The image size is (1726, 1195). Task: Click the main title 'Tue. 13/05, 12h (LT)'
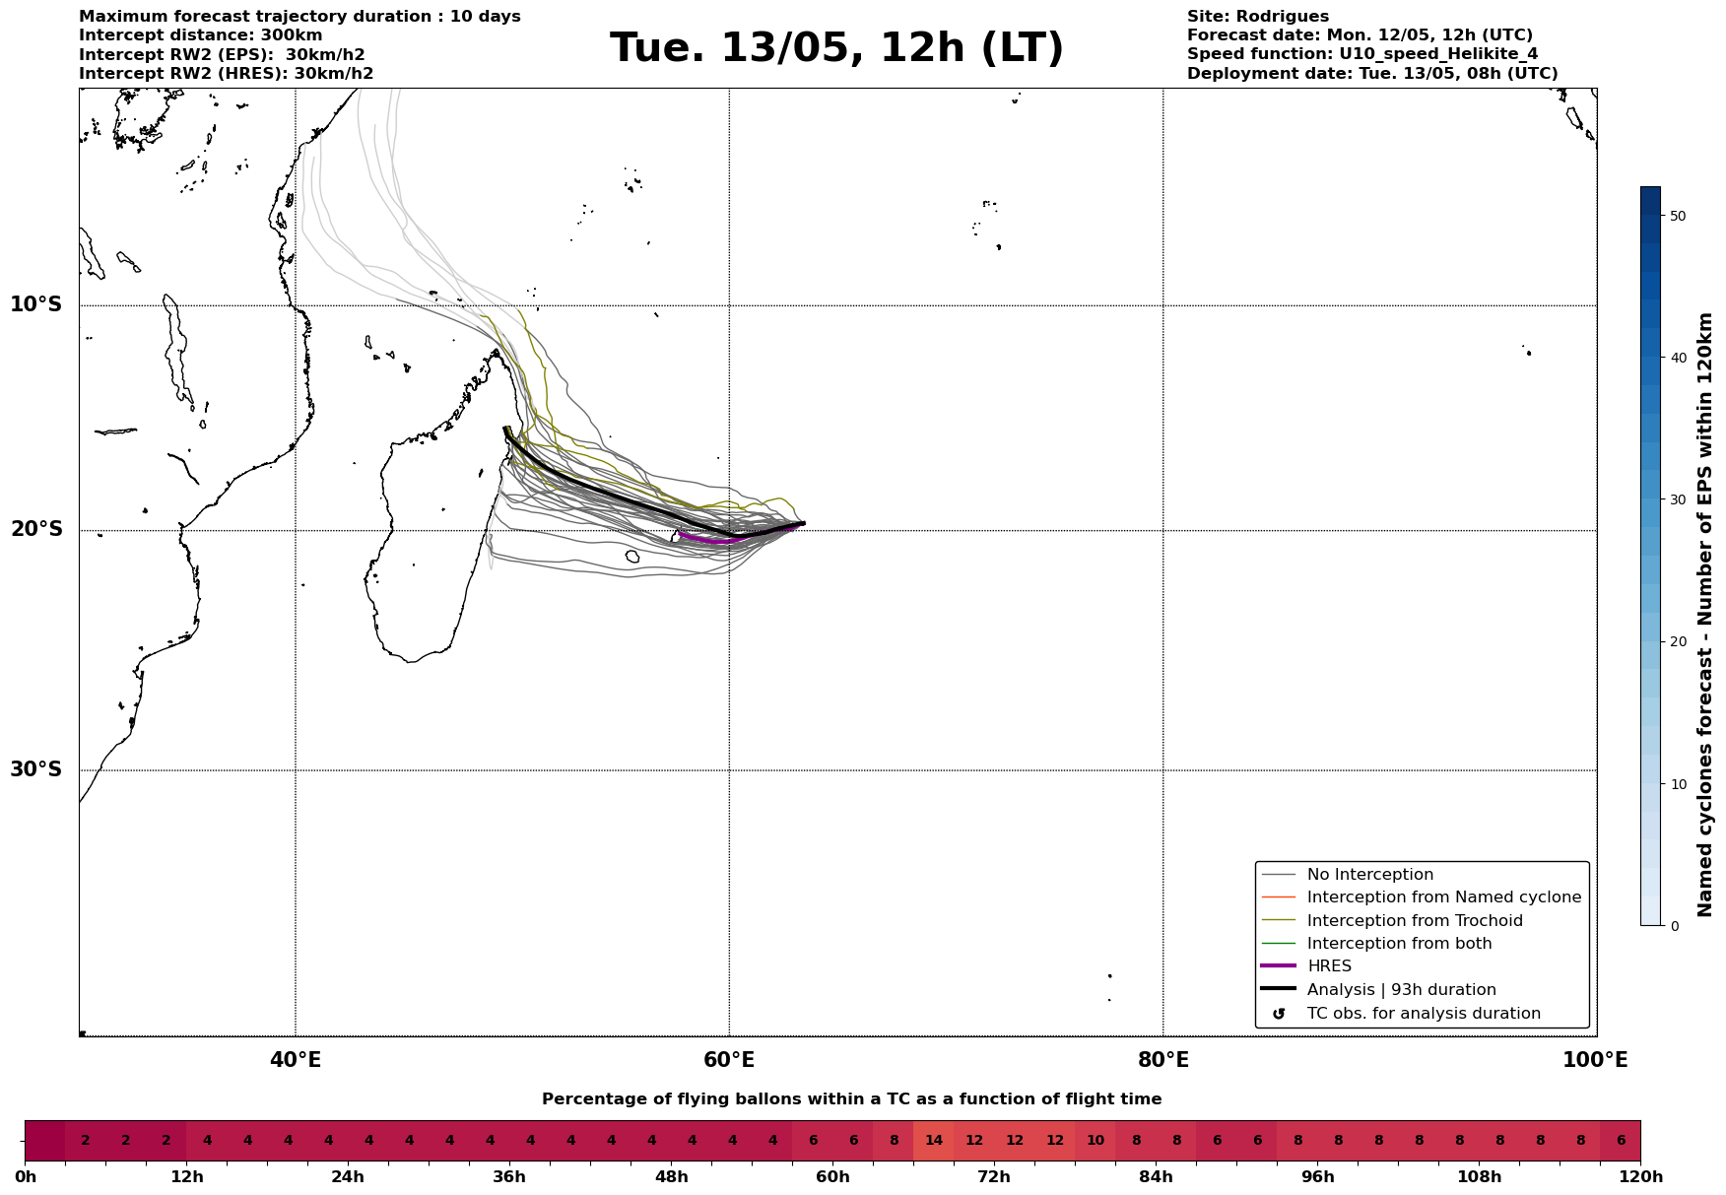pyautogui.click(x=836, y=48)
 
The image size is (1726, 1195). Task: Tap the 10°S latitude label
pyautogui.click(x=36, y=304)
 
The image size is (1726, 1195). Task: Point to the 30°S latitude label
pyautogui.click(x=36, y=769)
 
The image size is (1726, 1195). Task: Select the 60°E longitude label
pyautogui.click(x=729, y=1060)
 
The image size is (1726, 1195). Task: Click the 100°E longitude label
pyautogui.click(x=1595, y=1060)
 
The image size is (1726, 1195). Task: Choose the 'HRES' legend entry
pyautogui.click(x=1329, y=966)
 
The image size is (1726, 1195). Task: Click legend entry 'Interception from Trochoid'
pyautogui.click(x=1414, y=921)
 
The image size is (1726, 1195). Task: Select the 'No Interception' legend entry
pyautogui.click(x=1369, y=875)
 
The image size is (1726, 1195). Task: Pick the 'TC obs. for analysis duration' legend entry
pyautogui.click(x=1423, y=1014)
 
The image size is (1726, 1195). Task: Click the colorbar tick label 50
pyautogui.click(x=1678, y=216)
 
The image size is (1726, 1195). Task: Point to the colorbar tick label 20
pyautogui.click(x=1678, y=642)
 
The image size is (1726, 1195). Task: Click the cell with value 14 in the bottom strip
pyautogui.click(x=933, y=1141)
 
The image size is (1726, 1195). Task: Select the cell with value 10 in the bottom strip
pyautogui.click(x=1095, y=1141)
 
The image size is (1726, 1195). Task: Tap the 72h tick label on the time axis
pyautogui.click(x=993, y=1177)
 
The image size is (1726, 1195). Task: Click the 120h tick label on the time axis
pyautogui.click(x=1640, y=1177)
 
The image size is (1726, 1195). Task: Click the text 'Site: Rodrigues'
pyautogui.click(x=1257, y=17)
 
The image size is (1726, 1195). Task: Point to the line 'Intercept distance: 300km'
pyautogui.click(x=200, y=35)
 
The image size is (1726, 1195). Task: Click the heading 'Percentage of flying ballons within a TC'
pyautogui.click(x=851, y=1099)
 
